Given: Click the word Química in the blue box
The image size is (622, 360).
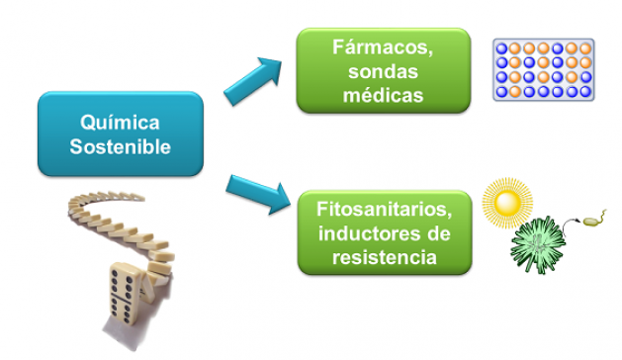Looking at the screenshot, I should click(121, 122).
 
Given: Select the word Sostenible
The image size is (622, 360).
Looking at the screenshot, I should click(121, 147).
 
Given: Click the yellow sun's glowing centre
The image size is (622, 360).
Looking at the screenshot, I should click(507, 204).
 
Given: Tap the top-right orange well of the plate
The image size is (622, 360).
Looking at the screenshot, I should click(585, 47).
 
